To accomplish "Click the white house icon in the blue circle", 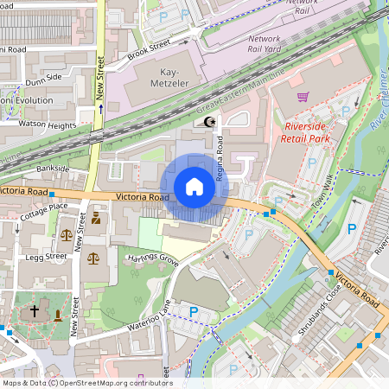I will point(194,187).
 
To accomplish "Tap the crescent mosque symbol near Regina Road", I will point(207,122).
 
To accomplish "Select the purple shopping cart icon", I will point(303,97).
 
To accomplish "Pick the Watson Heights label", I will point(41,124).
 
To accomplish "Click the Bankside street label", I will point(52,168).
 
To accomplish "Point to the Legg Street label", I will point(46,257).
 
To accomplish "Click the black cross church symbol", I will point(35,310).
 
